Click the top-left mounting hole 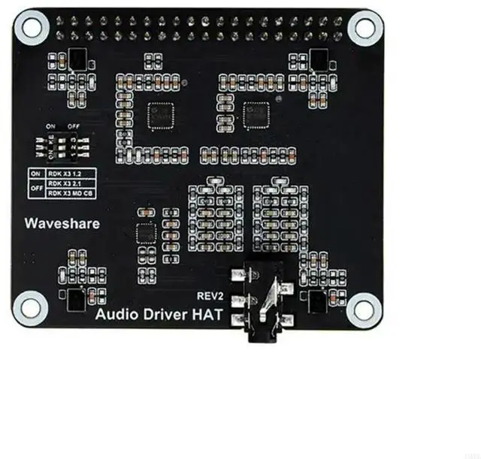pos(31,28)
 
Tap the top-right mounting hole pos(365,28)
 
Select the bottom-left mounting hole pos(31,307)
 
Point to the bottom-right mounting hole pos(365,307)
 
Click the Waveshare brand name pos(62,223)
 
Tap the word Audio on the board pos(117,316)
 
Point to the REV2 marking pos(211,296)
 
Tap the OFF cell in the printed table pos(35,188)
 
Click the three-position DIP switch pos(69,146)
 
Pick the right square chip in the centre pos(256,114)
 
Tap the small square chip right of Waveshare pos(143,233)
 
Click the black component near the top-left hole pos(76,58)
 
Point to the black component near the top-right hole pos(319,58)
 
